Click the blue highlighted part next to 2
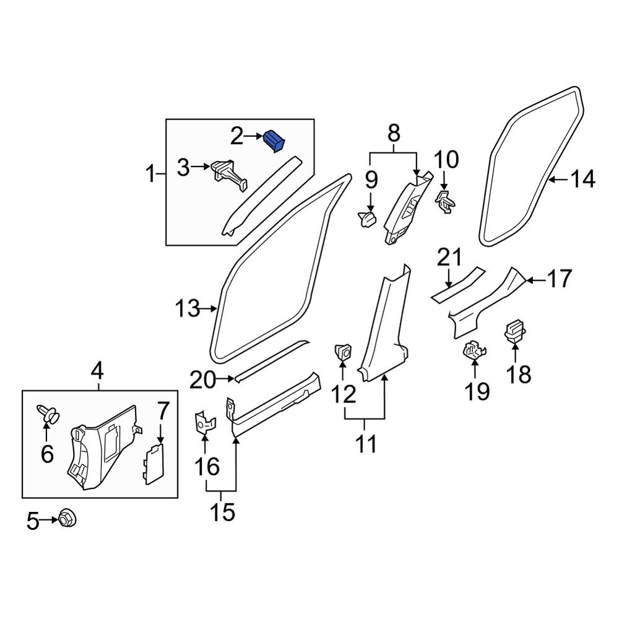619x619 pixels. pyautogui.click(x=274, y=141)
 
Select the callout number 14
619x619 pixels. pyautogui.click(x=582, y=180)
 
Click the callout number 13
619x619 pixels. pyautogui.click(x=187, y=308)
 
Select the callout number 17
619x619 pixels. pyautogui.click(x=559, y=279)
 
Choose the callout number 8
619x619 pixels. pyautogui.click(x=394, y=133)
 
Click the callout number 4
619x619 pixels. pyautogui.click(x=97, y=373)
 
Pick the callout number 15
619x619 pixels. pyautogui.click(x=222, y=512)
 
